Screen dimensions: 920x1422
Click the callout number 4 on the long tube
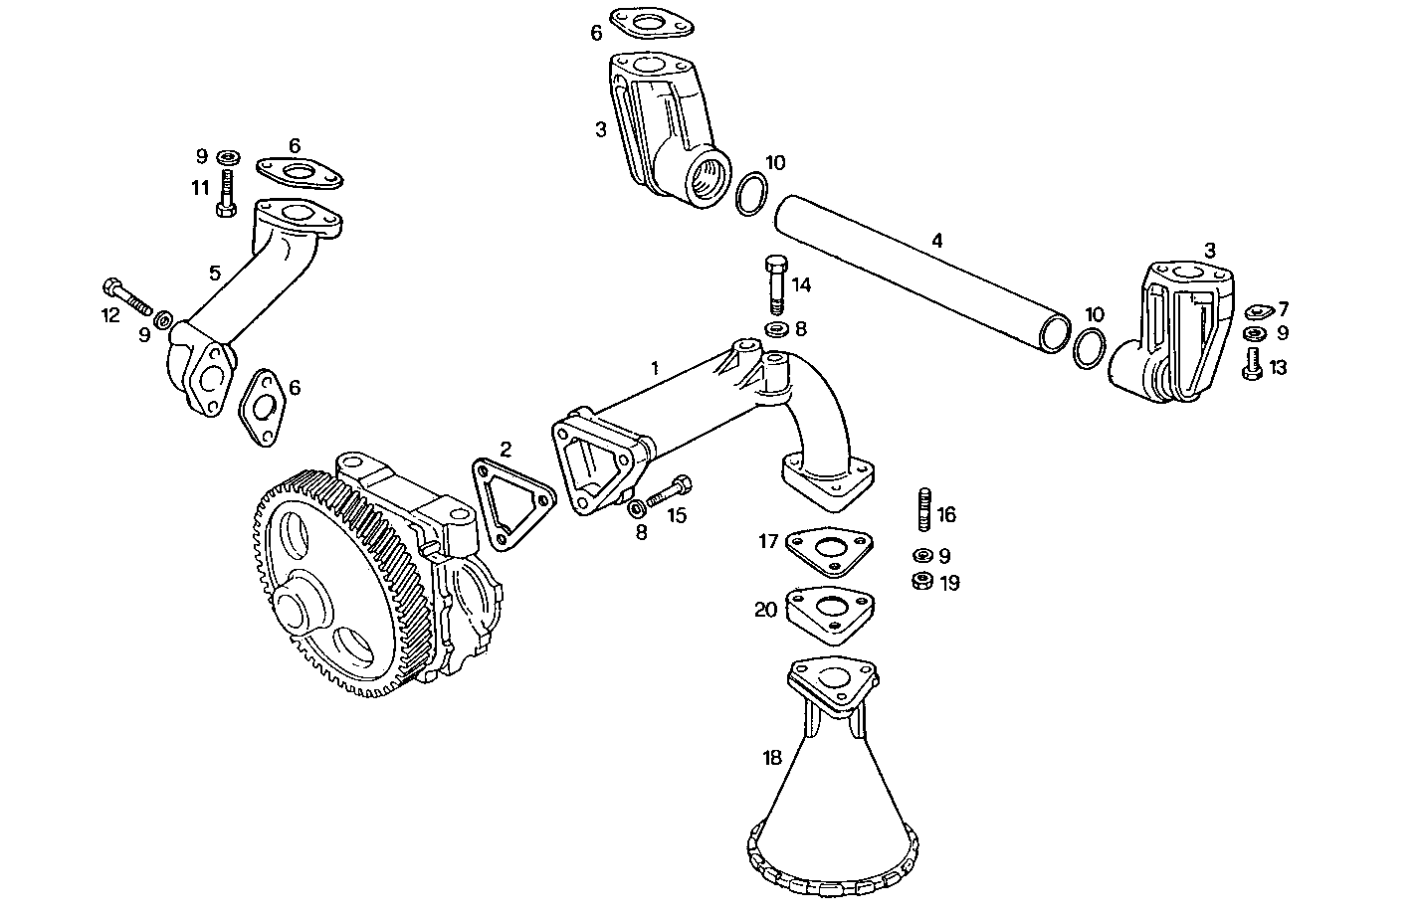click(936, 240)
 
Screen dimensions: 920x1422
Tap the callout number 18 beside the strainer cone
click(771, 758)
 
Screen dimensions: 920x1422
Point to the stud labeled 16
click(923, 511)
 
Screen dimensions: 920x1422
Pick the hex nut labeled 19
click(921, 582)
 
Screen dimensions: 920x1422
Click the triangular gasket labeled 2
click(511, 503)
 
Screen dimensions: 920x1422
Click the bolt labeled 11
click(226, 194)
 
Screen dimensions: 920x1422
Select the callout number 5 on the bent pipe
click(214, 273)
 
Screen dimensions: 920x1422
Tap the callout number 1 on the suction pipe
click(654, 367)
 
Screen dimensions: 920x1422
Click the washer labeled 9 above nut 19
click(921, 555)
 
